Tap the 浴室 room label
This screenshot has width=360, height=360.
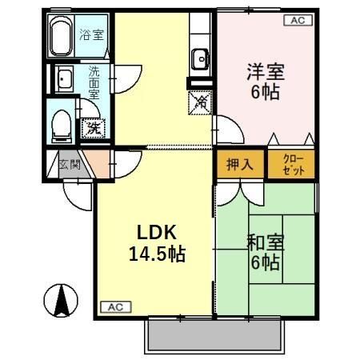click(90, 35)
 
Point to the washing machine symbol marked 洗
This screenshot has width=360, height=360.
click(94, 126)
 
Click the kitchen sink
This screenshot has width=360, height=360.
click(199, 60)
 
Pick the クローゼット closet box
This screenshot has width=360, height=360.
click(291, 165)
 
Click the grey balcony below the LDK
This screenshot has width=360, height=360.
click(216, 336)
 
